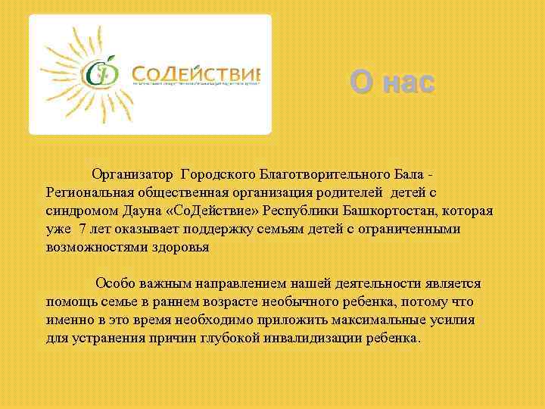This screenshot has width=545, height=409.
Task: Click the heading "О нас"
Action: [x=393, y=82]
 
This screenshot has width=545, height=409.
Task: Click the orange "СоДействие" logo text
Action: [x=195, y=73]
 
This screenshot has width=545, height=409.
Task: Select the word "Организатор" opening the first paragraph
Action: [x=133, y=175]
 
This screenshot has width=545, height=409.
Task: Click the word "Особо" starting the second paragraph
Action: [x=114, y=283]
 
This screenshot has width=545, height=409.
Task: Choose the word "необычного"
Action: [x=293, y=301]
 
